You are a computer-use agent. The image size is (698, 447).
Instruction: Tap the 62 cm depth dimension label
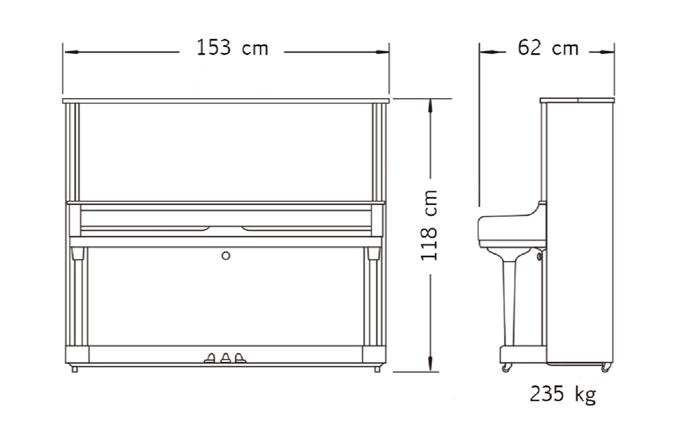[x=548, y=48]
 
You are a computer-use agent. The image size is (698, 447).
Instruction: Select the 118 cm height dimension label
[x=429, y=225]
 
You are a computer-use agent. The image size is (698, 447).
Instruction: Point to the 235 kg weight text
[x=563, y=394]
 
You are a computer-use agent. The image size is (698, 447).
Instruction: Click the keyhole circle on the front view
[x=226, y=256]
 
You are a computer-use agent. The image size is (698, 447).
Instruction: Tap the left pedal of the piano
[x=210, y=359]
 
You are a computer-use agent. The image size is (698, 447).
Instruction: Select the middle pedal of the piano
[x=226, y=358]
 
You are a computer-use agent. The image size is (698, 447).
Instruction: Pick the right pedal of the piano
[x=240, y=358]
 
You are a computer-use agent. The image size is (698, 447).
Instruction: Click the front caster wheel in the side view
[x=506, y=368]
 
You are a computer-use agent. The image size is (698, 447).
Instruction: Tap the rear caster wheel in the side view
[x=605, y=368]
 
